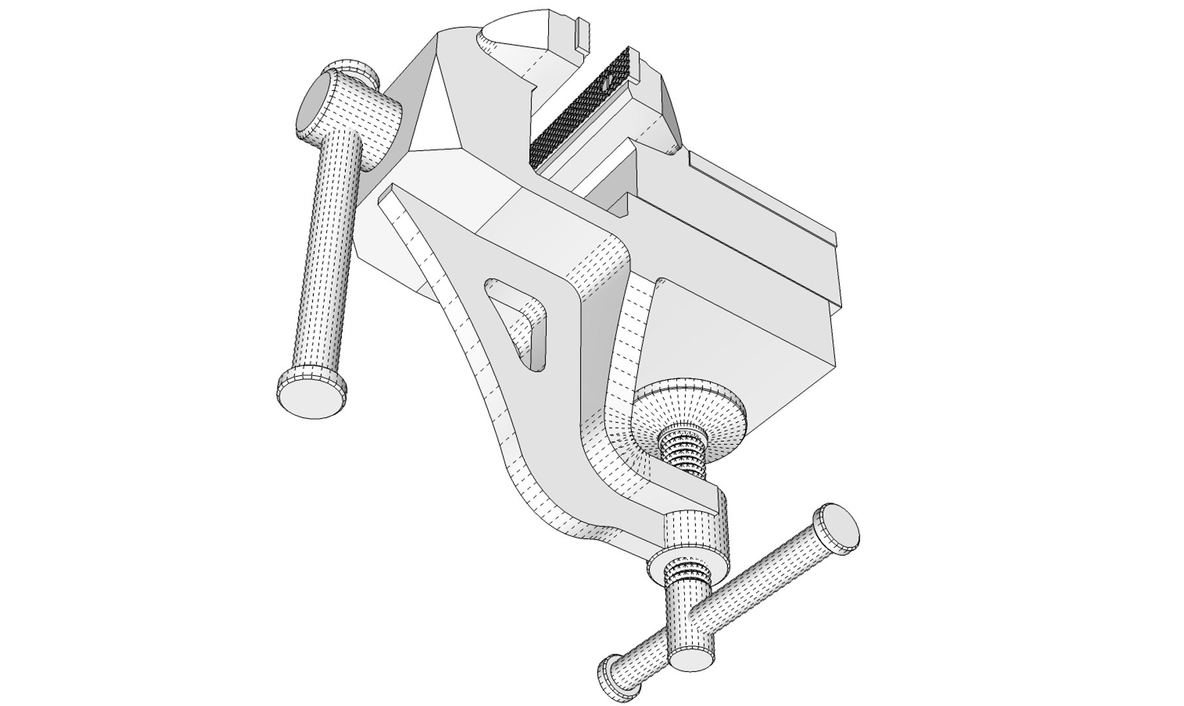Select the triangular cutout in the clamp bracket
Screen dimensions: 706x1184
517,314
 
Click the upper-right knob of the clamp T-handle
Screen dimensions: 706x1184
836,527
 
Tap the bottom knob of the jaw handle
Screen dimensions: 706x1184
310,392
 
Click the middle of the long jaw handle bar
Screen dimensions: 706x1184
330,255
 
